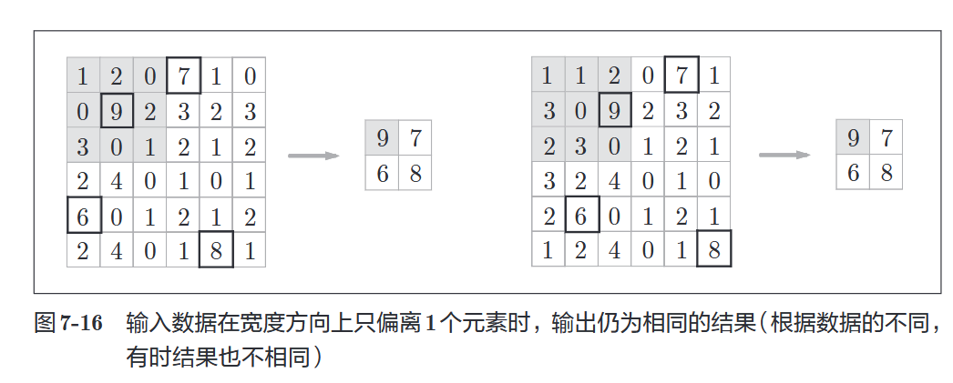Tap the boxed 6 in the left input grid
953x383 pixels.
[x=83, y=216]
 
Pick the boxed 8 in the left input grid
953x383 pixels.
[x=216, y=250]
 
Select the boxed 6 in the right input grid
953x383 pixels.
[x=581, y=216]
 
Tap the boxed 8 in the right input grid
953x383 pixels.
[x=714, y=250]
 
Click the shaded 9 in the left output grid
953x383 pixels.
[x=382, y=138]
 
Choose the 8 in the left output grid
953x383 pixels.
[x=415, y=173]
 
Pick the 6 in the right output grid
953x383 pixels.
[x=853, y=173]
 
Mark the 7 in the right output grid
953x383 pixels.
[x=886, y=138]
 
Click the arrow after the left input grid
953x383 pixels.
[x=313, y=156]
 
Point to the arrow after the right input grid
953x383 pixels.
[x=784, y=155]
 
